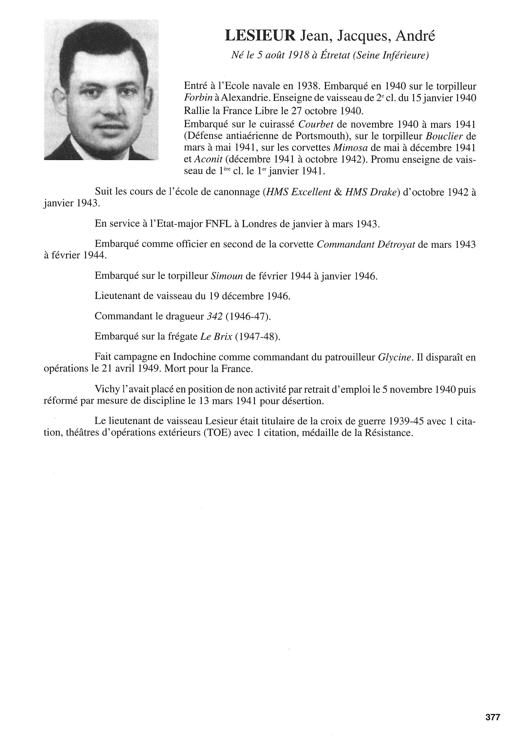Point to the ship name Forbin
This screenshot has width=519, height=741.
point(196,99)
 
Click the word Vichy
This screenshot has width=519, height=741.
point(108,390)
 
